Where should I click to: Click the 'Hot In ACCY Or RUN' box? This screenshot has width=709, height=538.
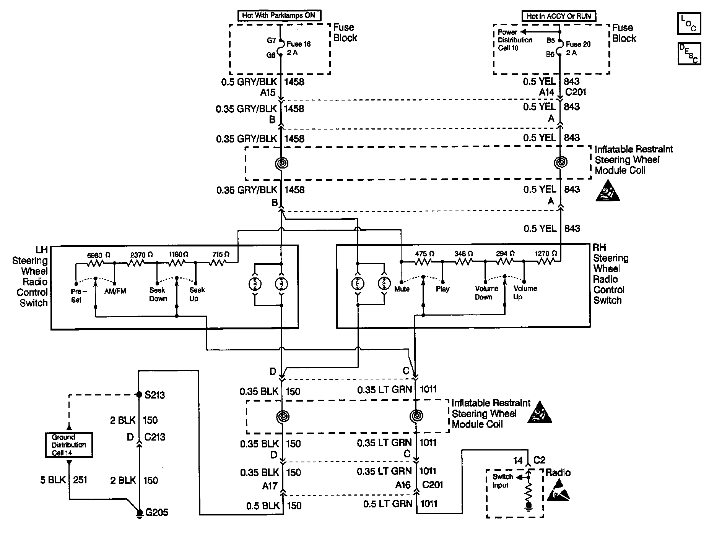point(559,16)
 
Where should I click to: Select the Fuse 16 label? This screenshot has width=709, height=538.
point(298,44)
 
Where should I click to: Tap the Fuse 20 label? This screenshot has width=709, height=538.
point(578,45)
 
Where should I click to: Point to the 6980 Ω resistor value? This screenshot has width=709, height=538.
point(98,255)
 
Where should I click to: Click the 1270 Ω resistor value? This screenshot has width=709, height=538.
point(546,253)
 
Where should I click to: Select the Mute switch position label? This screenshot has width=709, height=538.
point(402,289)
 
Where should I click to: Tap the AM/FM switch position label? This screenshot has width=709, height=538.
point(115,291)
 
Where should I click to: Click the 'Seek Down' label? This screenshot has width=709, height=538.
point(158,294)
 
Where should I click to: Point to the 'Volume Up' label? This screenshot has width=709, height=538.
point(525,292)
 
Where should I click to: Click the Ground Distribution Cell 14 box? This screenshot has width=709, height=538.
point(68,445)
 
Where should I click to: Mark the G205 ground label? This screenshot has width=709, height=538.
point(157,512)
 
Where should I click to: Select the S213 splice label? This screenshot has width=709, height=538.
point(154,395)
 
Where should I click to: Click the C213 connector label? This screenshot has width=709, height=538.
point(155,437)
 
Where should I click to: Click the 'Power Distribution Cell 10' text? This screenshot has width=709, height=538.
point(515,40)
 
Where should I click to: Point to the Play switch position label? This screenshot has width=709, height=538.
point(442,289)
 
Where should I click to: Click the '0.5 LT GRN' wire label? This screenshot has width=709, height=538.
point(388,504)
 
